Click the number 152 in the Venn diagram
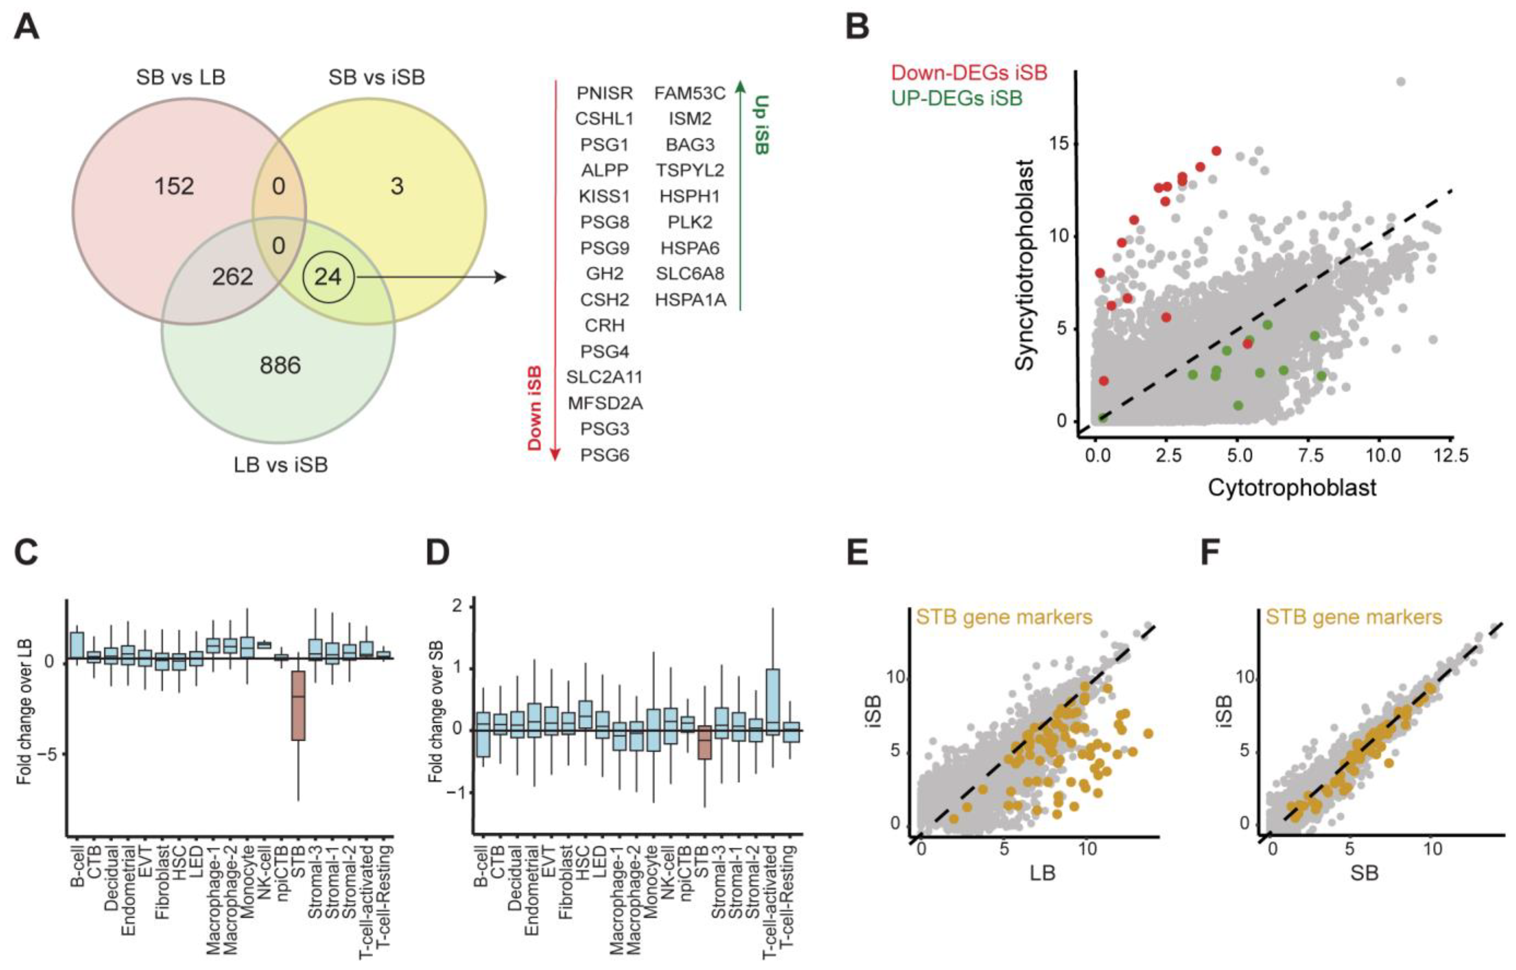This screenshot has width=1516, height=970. click(x=174, y=186)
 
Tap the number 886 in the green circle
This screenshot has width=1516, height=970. click(x=280, y=365)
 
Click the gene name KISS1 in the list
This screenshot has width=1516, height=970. click(x=604, y=197)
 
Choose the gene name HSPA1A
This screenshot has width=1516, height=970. click(x=690, y=300)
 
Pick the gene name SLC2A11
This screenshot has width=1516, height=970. click(x=604, y=377)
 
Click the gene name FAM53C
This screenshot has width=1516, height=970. click(x=690, y=93)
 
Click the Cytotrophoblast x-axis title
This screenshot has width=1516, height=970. click(x=1292, y=487)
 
